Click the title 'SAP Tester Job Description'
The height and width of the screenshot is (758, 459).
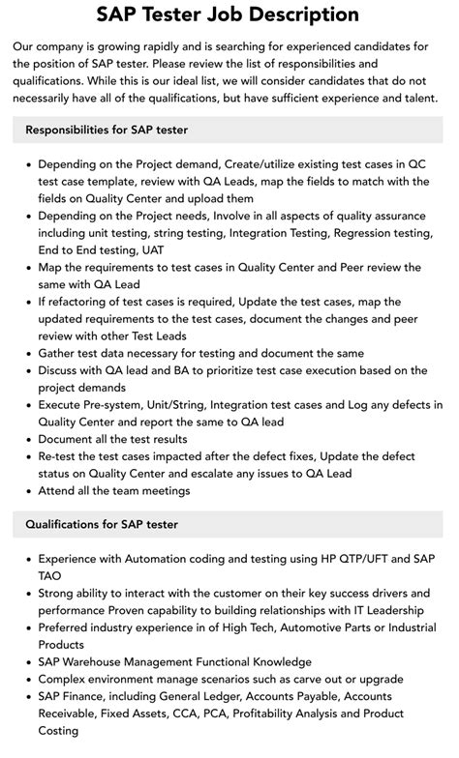pyautogui.click(x=229, y=15)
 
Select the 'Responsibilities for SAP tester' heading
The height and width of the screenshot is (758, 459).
pyautogui.click(x=107, y=130)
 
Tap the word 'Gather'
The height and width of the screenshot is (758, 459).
pyautogui.click(x=59, y=353)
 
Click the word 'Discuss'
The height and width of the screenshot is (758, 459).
pyautogui.click(x=62, y=370)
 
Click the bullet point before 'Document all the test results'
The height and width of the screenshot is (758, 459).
pyautogui.click(x=27, y=439)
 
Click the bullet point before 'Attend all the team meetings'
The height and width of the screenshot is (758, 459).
pyautogui.click(x=27, y=490)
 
